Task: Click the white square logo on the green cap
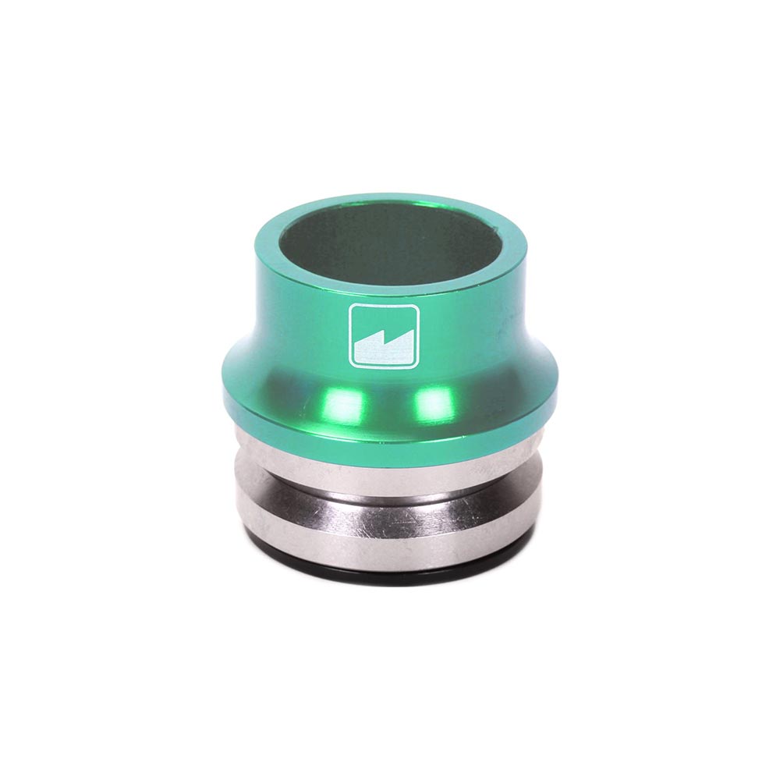(x=384, y=335)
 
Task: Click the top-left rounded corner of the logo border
(x=353, y=308)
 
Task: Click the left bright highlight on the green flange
(x=344, y=405)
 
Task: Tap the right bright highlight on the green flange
(x=435, y=404)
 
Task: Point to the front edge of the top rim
(x=390, y=288)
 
